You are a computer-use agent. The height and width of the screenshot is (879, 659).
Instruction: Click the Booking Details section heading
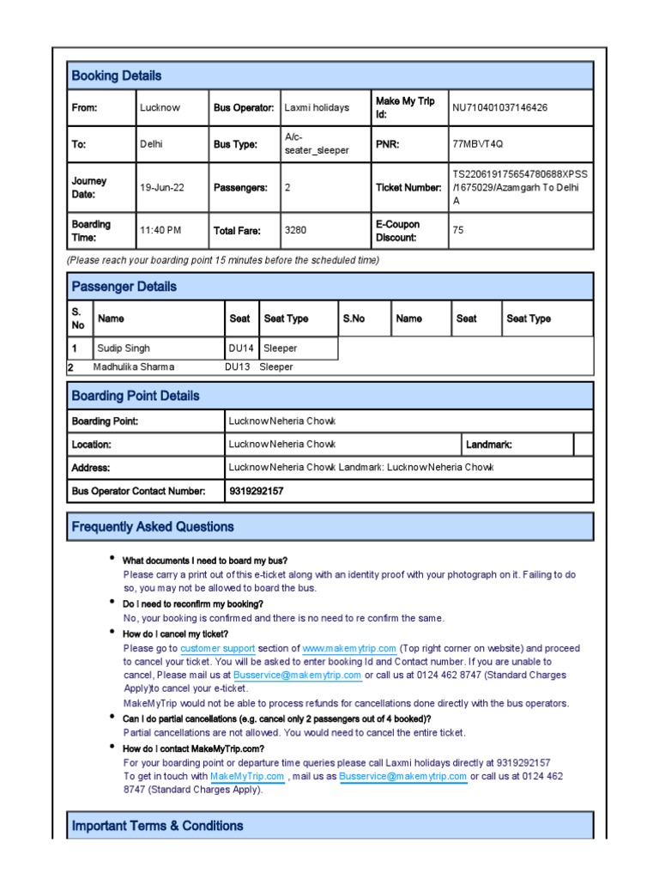tap(117, 76)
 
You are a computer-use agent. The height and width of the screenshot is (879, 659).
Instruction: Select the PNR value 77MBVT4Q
tap(477, 144)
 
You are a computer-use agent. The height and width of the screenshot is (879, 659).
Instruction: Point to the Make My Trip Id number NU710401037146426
tap(499, 107)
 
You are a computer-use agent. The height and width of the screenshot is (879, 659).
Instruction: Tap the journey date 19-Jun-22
tap(161, 187)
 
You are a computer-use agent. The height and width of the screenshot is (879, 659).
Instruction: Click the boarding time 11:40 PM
tap(160, 230)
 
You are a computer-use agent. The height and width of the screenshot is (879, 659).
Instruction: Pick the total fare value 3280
tap(295, 230)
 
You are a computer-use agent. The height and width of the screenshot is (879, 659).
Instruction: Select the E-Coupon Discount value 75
tap(458, 230)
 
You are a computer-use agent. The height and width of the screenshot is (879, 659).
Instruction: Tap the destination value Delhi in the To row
tap(151, 144)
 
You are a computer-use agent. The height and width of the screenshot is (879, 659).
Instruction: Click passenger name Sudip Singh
tap(124, 349)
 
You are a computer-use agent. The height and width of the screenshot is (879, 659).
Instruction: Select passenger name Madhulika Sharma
tap(133, 367)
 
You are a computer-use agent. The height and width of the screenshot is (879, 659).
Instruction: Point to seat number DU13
tap(238, 367)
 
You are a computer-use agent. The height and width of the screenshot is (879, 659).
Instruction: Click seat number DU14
tap(241, 349)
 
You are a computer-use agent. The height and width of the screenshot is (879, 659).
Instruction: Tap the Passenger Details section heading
tap(124, 287)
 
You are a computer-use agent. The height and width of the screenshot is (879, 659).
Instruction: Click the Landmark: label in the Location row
tap(488, 445)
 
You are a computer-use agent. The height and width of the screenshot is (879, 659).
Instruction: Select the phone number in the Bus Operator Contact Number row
tap(256, 491)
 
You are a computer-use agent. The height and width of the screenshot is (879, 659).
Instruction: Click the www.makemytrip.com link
tap(349, 649)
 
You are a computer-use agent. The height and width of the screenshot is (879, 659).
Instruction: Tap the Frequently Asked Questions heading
tap(153, 527)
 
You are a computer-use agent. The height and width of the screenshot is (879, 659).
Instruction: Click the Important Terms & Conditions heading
tap(158, 826)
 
